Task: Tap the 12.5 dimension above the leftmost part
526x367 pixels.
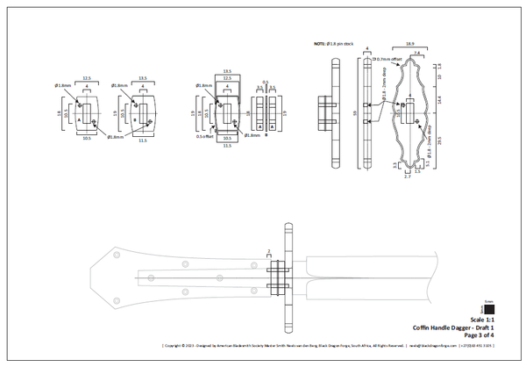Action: click(86, 78)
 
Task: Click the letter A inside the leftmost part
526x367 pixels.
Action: click(79, 119)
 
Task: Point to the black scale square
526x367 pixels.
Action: click(489, 308)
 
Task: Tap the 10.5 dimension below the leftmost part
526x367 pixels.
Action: click(86, 138)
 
